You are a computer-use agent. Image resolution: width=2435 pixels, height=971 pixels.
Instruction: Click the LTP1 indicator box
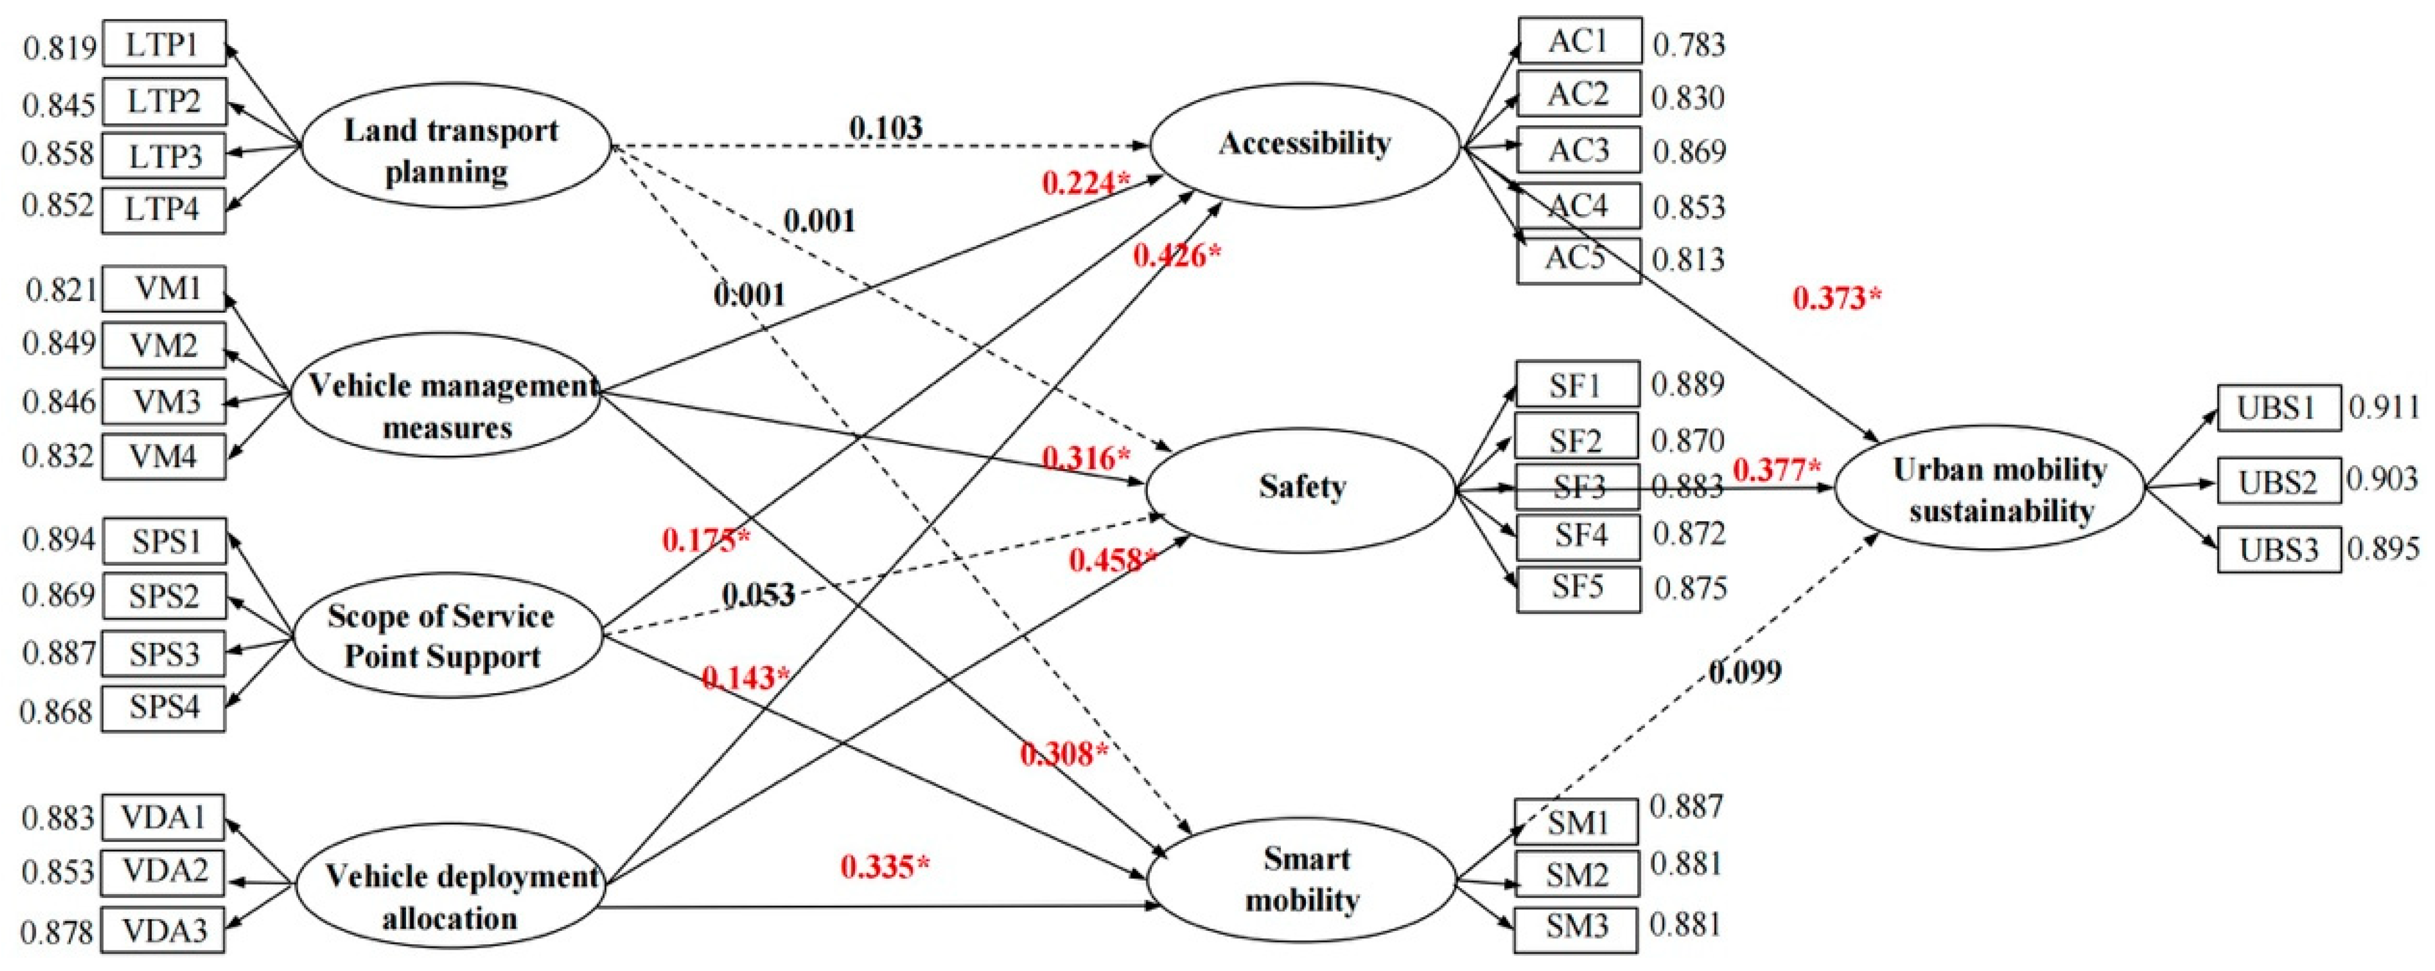(x=163, y=44)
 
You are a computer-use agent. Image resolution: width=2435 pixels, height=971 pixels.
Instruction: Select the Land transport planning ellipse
(x=454, y=149)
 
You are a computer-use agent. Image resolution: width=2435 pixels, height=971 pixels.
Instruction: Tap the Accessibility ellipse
(x=1305, y=144)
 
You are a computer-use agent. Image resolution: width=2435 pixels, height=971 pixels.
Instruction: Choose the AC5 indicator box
(x=1578, y=260)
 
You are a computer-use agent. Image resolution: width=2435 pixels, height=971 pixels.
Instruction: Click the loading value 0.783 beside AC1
(x=1688, y=44)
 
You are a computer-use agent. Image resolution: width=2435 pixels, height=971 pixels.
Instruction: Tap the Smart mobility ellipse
(x=1302, y=879)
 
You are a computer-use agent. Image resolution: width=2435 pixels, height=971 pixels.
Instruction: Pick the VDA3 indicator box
(x=163, y=930)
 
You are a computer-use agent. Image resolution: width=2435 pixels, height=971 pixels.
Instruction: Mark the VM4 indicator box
(x=163, y=457)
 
